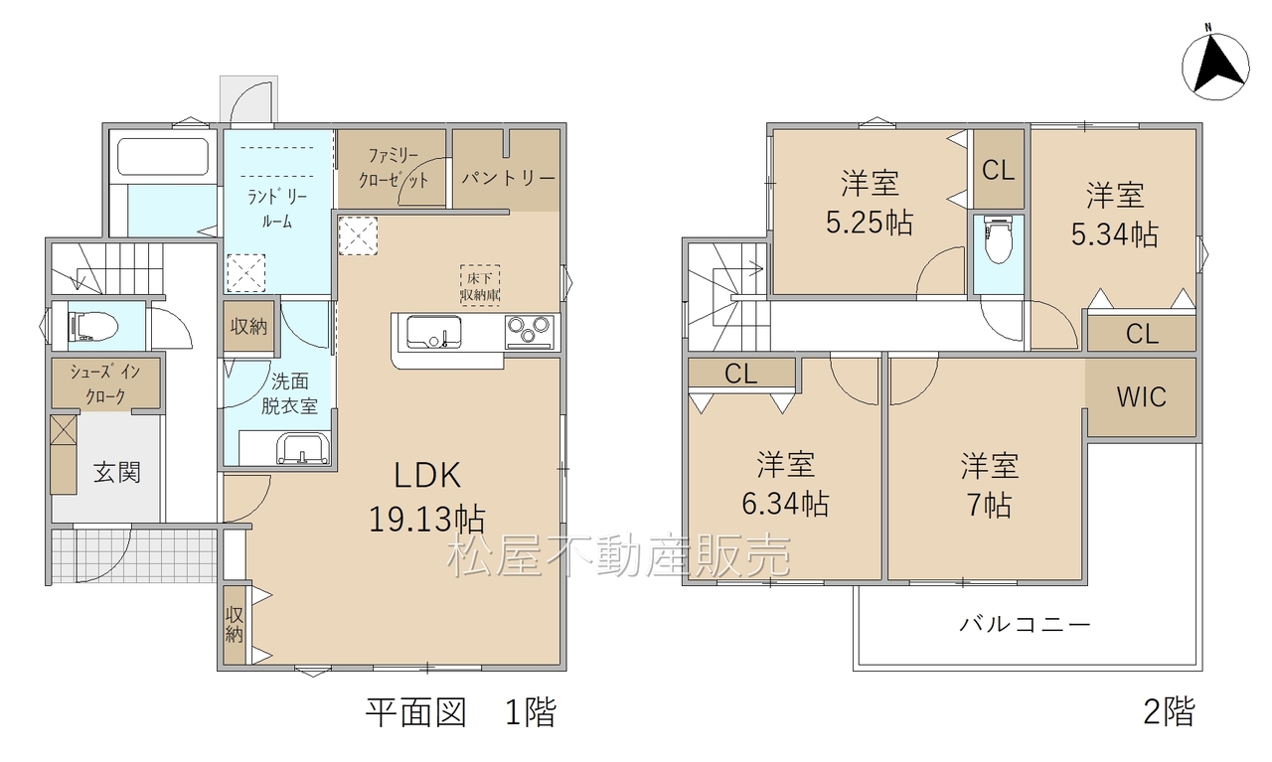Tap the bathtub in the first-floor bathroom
tap(163, 157)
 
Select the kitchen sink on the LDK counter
tap(434, 332)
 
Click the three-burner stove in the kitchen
tap(530, 332)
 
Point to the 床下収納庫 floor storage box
tap(480, 285)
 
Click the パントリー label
tap(508, 178)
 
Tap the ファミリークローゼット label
tap(393, 168)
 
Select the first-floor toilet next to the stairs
tap(92, 327)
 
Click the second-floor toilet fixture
tap(999, 240)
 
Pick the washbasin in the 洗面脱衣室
tap(303, 449)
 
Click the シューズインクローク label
tap(105, 384)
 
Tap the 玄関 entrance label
tap(117, 473)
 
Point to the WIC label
tap(1142, 397)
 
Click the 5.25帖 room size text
tap(870, 222)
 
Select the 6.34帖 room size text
tap(785, 503)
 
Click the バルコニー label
tap(1025, 625)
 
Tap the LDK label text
tap(427, 475)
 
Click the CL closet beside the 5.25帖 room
tap(999, 169)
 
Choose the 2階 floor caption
tap(1170, 711)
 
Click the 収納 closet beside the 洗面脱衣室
tap(248, 327)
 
